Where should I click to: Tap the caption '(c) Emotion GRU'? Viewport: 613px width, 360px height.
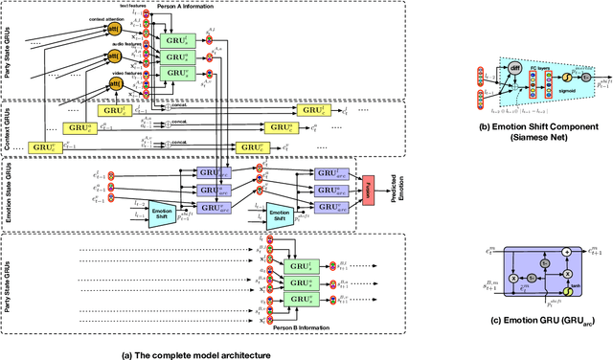541,323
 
